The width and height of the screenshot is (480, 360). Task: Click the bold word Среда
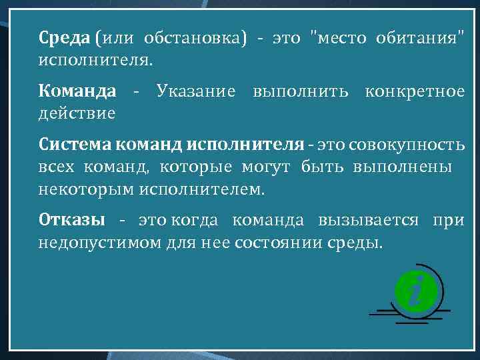click(x=65, y=38)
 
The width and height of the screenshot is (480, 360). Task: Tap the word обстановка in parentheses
click(x=198, y=38)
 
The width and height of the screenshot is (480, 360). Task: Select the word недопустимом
click(x=99, y=242)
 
